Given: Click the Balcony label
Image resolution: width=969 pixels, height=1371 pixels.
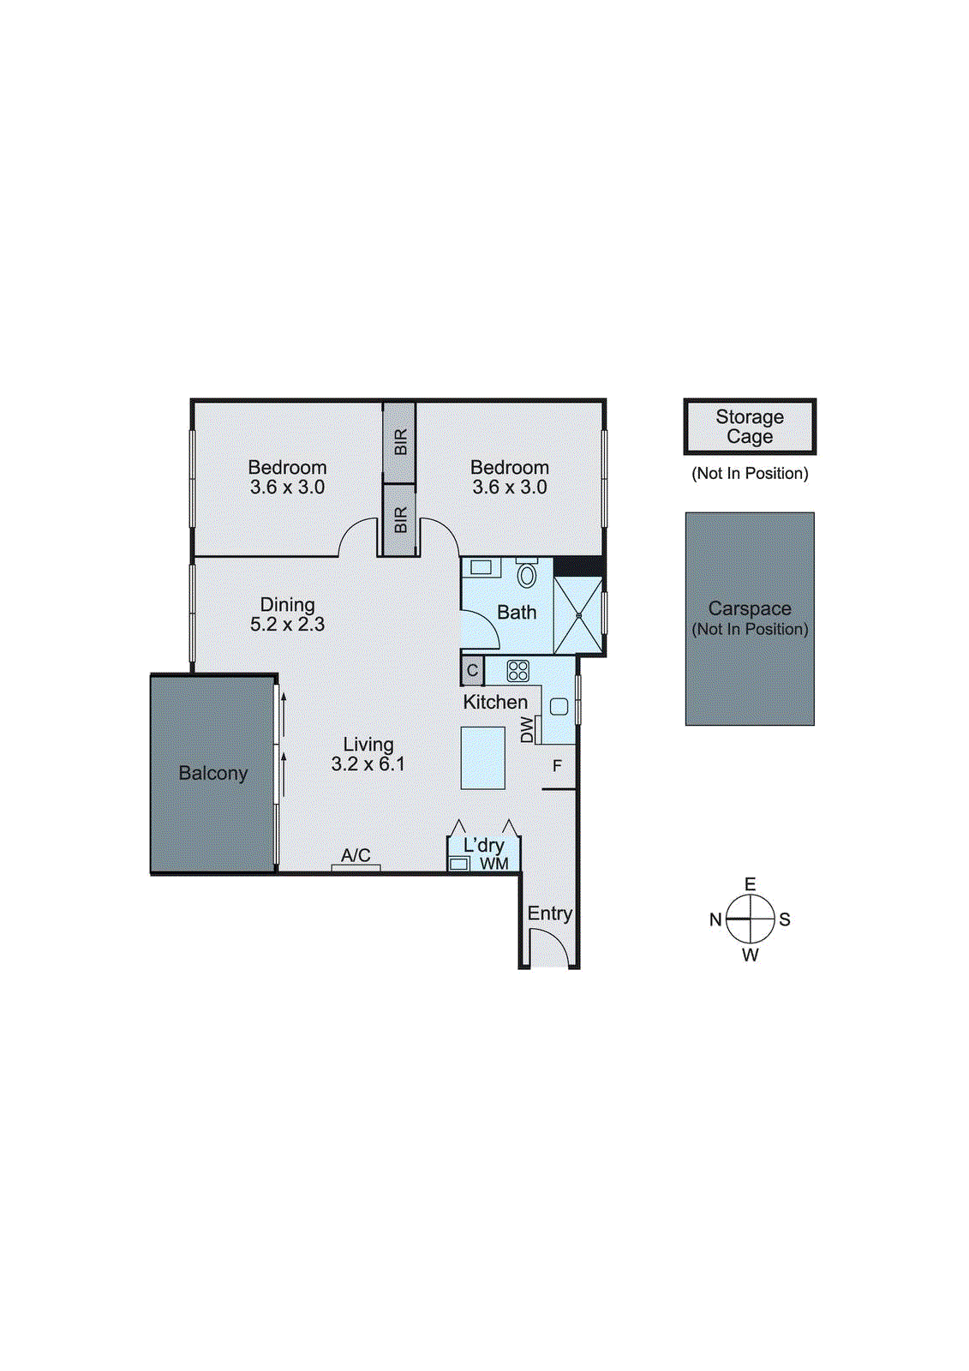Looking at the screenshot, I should coord(212,773).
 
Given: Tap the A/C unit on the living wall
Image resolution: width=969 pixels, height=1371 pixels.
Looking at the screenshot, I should coord(356,868).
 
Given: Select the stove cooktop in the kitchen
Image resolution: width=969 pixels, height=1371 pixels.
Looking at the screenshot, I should coord(517,671).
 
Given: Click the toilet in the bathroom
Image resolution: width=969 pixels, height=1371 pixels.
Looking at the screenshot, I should coord(527,574).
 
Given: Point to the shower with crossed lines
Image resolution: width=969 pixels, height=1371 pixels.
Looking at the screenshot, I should coord(578,615).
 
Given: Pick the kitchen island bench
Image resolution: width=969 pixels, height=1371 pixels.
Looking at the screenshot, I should coord(482,757).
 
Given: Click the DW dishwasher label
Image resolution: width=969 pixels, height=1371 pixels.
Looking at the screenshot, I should coord(527,730).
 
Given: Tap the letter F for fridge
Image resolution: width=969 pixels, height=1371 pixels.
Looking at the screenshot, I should coord(557,766).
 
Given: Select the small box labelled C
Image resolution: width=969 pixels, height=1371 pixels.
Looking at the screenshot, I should coord(472,671).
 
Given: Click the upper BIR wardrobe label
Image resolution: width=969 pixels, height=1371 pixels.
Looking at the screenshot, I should coord(400,442).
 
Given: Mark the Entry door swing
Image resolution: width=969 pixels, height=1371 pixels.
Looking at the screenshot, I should coord(548,948).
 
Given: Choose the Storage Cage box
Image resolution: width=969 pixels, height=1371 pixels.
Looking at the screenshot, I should coord(750,427).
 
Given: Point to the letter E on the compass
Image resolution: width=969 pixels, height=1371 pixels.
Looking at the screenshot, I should coord(750,884).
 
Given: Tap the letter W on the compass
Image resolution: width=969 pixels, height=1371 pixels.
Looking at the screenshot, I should coord(750,955).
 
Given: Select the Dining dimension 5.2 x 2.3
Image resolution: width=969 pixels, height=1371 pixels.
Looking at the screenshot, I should coord(287,625).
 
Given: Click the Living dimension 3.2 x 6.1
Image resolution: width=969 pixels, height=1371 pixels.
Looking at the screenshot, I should coord(368,764).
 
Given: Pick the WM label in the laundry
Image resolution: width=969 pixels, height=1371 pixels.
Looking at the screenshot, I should coord(494,864).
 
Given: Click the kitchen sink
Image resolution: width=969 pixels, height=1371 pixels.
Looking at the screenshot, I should coord(559,707).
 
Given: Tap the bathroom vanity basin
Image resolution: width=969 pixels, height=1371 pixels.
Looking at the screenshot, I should coord(482,567).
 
